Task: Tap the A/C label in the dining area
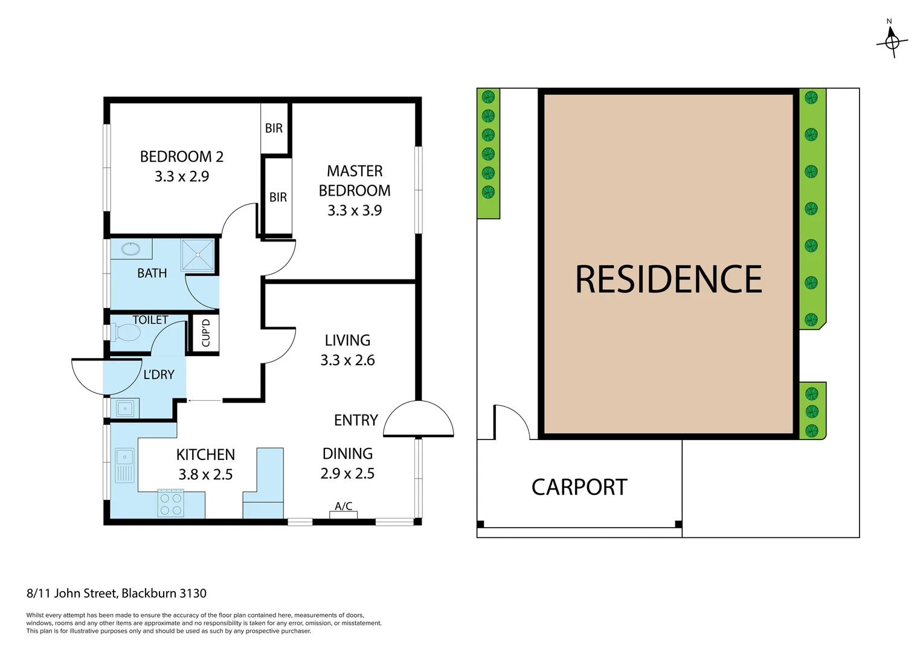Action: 343,506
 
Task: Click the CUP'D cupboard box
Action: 205,333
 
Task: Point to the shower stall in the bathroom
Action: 198,255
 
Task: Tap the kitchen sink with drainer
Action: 124,465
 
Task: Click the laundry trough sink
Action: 125,409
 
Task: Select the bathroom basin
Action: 130,249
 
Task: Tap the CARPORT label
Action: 579,487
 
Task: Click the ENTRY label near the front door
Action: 356,420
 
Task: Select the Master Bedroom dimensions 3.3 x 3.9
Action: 355,211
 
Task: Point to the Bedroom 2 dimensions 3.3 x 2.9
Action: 182,176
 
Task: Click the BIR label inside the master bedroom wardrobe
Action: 278,197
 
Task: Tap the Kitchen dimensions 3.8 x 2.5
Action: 205,475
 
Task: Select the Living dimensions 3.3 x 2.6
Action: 347,360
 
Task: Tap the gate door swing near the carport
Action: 510,421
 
